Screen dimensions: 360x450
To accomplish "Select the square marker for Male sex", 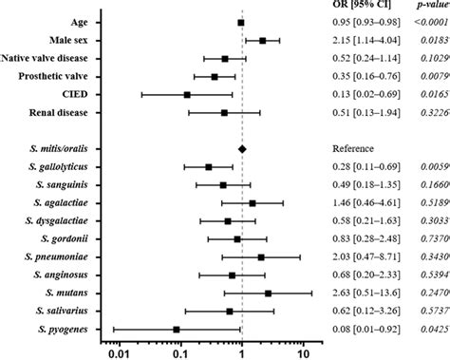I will point(262,41).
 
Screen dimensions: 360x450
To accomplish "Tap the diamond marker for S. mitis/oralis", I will point(242,149).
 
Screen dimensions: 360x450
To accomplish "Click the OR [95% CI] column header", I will point(361,7).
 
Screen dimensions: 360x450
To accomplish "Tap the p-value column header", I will point(427,7).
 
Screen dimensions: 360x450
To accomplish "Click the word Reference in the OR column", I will point(353,149).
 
